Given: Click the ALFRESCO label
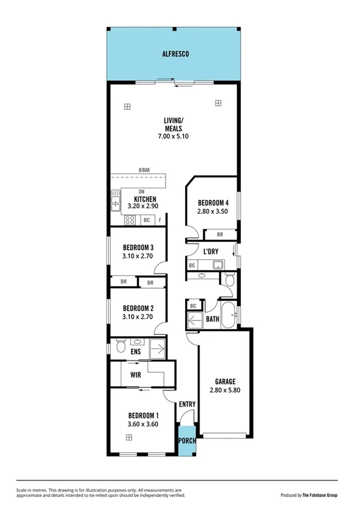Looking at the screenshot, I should [x=175, y=54].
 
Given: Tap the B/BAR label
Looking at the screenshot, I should [x=144, y=171].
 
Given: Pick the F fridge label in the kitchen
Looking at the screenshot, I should [x=160, y=221].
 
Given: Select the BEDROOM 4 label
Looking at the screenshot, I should [x=213, y=203].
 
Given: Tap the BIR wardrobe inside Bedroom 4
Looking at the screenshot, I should [x=220, y=234].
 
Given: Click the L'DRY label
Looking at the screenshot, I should [x=210, y=251].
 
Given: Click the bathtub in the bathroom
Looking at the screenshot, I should [x=228, y=316].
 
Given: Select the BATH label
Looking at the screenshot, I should [x=212, y=319].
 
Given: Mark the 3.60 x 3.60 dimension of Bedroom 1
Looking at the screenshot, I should [x=143, y=425].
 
